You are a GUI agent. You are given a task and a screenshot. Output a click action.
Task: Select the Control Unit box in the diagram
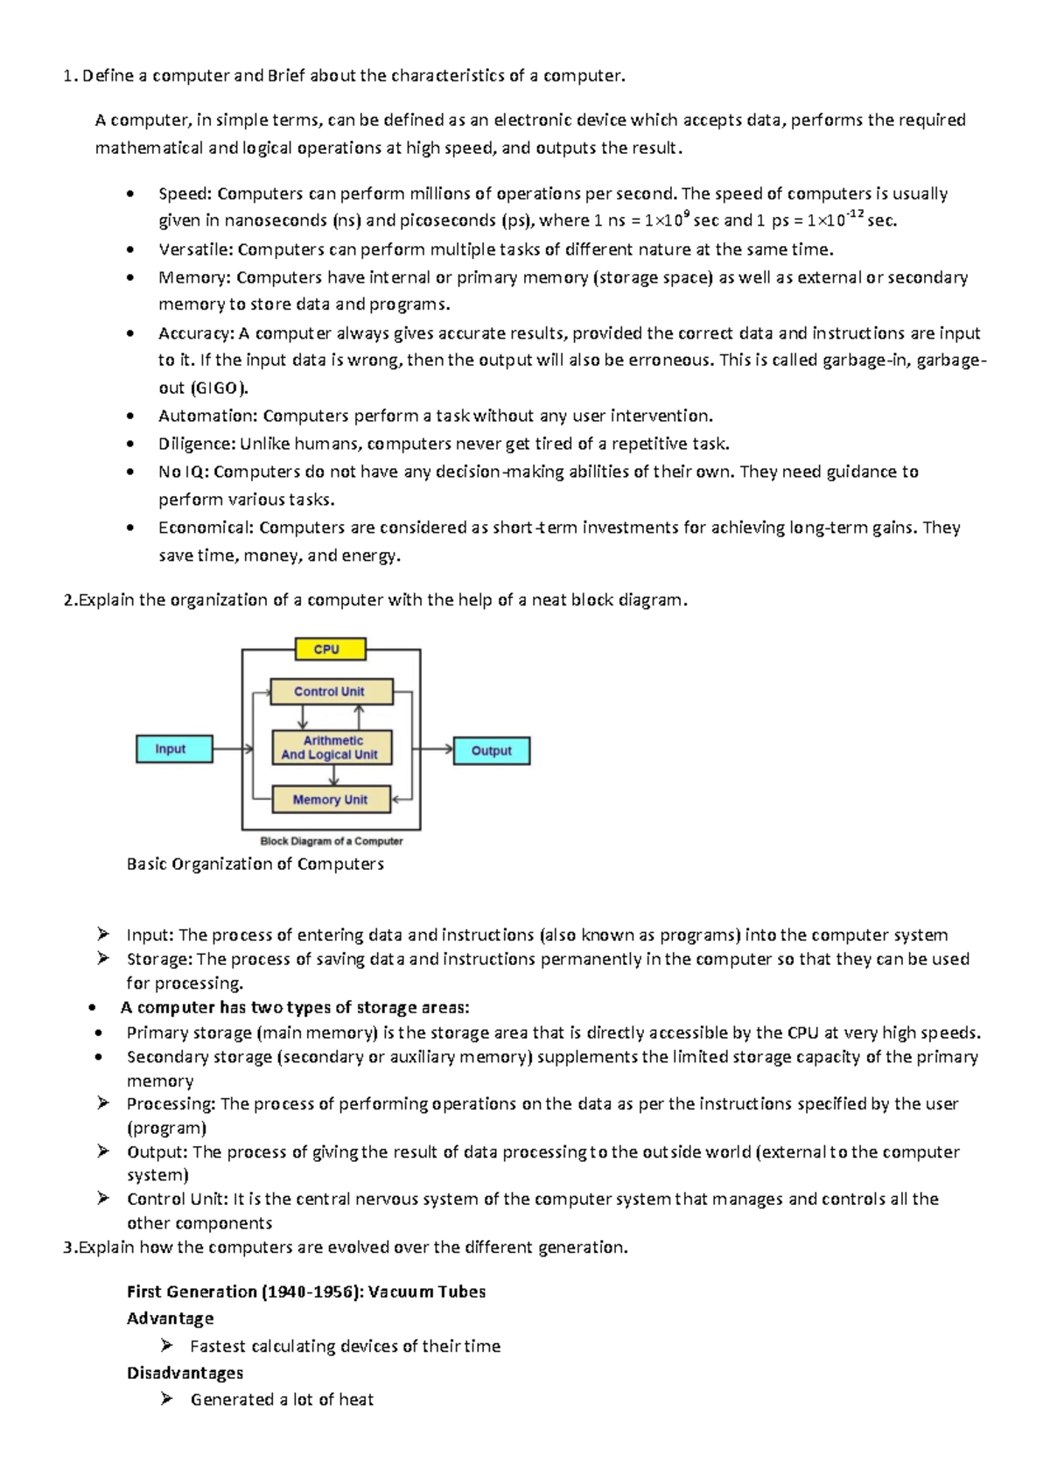coord(331,691)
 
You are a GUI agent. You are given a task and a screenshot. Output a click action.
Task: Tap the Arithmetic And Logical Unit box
coord(331,747)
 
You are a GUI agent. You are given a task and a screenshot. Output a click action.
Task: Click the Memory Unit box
coord(331,800)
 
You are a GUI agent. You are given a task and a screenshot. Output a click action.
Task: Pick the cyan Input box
coord(174,749)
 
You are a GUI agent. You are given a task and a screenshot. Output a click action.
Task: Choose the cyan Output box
coord(491,751)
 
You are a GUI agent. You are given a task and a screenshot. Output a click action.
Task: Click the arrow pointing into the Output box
coord(436,749)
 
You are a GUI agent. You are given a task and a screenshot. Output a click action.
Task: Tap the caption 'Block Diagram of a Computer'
coord(332,841)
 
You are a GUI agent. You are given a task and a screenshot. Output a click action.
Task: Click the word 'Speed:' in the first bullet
coord(185,193)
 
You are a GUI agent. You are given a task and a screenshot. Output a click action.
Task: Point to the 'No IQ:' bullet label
coord(183,472)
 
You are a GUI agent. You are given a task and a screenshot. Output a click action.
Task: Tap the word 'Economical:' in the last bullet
coord(206,528)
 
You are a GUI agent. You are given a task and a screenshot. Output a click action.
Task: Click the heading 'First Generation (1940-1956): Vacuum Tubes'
coord(305,1291)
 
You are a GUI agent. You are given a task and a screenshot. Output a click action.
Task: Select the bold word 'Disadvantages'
coord(185,1372)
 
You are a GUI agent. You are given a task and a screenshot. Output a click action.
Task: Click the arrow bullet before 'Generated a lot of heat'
coord(167,1399)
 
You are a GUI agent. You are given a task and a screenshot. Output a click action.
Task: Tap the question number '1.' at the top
coord(70,76)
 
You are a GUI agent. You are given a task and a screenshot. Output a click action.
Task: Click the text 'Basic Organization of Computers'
coord(255,864)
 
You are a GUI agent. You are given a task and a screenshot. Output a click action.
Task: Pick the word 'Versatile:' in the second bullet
coord(196,249)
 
